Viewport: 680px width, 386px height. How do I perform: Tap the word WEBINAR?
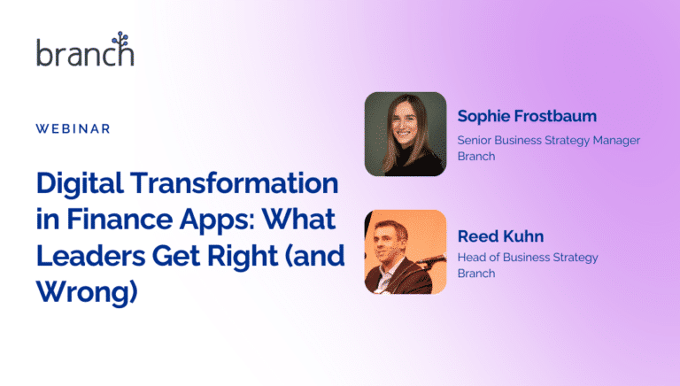coord(73,128)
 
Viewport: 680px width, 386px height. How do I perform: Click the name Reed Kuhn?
coord(499,236)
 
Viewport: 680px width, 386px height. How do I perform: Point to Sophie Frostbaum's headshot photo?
coord(405,134)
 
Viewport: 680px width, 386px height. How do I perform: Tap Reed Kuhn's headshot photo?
coord(405,251)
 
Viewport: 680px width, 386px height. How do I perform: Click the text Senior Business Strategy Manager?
coord(548,140)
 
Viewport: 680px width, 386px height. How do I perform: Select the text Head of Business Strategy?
coord(528,258)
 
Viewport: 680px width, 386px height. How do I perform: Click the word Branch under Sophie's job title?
coord(475,156)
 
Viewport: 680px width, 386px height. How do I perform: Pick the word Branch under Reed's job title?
coord(475,274)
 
